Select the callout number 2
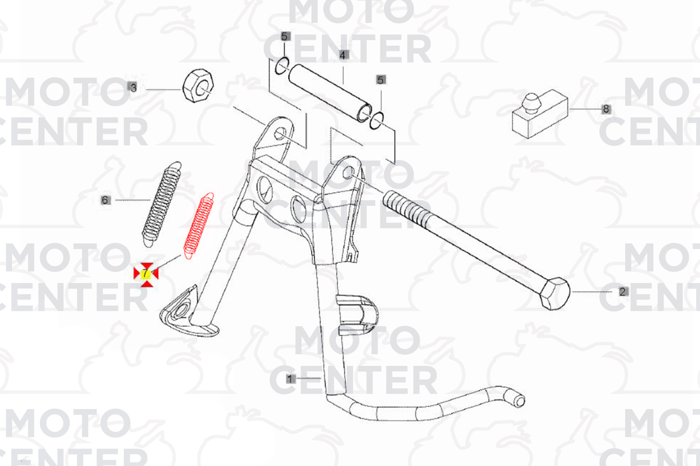(623, 292)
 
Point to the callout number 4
(343, 55)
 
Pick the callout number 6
(105, 200)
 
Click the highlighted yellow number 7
(146, 274)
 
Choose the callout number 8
(606, 109)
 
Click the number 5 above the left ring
(284, 36)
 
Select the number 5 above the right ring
(381, 80)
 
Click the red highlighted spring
(199, 226)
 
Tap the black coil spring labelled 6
(162, 204)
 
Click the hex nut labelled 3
(198, 86)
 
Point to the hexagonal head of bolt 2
(555, 293)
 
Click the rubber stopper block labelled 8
(540, 114)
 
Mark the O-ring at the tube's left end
(282, 66)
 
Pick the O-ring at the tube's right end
(376, 120)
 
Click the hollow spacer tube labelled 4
(330, 93)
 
